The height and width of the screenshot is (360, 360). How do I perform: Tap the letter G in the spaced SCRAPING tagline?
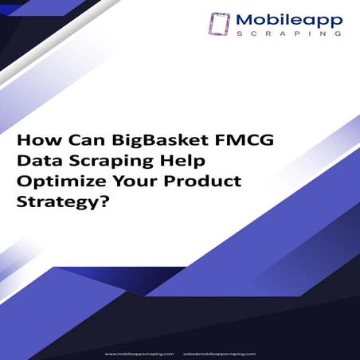340,35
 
